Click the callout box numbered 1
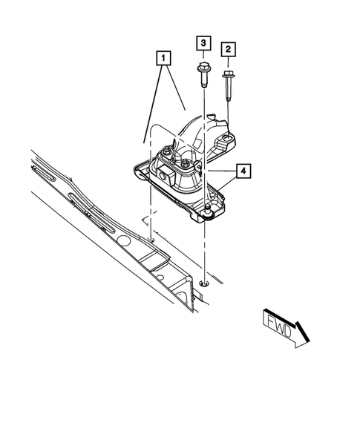(x=163, y=56)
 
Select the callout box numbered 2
(x=229, y=49)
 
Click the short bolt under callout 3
(x=203, y=75)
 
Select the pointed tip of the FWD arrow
(x=307, y=342)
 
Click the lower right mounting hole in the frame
(x=204, y=283)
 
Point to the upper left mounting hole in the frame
(x=151, y=239)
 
